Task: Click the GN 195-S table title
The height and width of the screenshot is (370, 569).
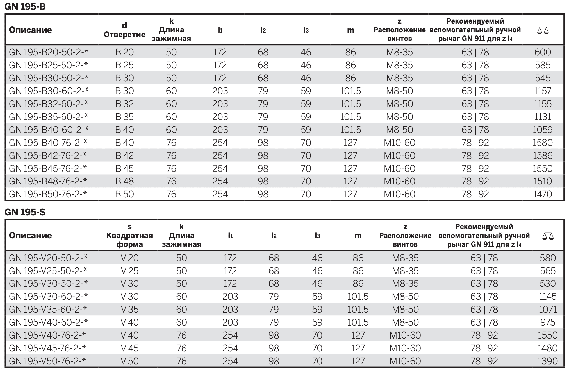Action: pos(25,212)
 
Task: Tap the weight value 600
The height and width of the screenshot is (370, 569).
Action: pos(543,52)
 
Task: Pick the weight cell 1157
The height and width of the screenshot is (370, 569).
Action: pos(543,91)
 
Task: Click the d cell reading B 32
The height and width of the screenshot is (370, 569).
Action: pos(124,104)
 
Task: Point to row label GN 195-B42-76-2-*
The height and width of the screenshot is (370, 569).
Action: pos(48,155)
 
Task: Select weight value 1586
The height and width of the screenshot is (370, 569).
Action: pos(543,155)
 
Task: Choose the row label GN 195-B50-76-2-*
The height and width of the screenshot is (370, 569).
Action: pos(48,194)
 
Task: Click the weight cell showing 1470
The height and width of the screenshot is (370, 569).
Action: pos(543,194)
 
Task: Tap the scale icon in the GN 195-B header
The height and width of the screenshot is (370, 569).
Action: pos(543,30)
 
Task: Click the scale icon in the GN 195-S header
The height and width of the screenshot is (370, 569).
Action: pos(548,235)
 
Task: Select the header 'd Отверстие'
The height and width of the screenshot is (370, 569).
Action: pos(124,30)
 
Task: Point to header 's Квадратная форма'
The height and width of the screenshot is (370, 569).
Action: pos(129,235)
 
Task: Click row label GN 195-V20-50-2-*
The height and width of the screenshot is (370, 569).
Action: pos(48,258)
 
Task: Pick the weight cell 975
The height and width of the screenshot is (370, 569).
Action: pos(548,322)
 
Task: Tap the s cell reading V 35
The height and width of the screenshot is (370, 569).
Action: pos(129,309)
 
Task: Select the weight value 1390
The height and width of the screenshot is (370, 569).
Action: pos(548,361)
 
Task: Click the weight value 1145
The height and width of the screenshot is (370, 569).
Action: pos(548,296)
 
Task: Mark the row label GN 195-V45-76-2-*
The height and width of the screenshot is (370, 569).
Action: pos(47,348)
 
